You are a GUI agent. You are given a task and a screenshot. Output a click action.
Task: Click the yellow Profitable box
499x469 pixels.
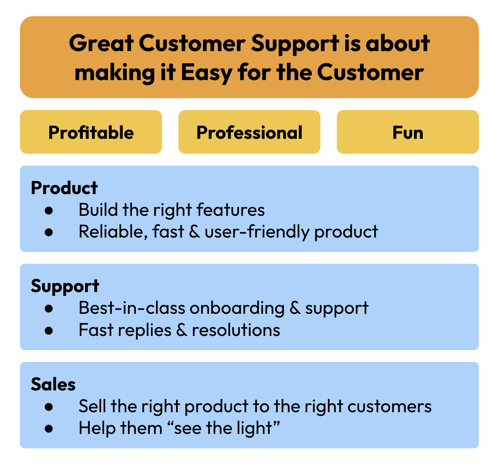[91, 132]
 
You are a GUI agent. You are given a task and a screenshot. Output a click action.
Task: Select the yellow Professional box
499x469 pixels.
[249, 132]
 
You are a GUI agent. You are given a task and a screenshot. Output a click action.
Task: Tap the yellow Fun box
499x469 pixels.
[407, 132]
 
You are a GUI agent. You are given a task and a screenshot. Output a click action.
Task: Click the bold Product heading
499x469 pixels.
[64, 188]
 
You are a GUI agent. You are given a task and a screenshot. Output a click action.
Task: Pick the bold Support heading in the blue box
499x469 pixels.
[65, 287]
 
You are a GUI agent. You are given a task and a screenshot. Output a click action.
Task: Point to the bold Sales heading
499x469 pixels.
[53, 384]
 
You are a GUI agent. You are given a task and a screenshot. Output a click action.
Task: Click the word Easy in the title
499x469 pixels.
[206, 73]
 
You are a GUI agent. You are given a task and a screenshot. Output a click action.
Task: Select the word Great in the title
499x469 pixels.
[101, 43]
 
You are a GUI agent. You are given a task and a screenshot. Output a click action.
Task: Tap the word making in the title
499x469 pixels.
[114, 73]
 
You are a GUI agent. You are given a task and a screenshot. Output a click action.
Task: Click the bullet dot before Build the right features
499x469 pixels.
[49, 210]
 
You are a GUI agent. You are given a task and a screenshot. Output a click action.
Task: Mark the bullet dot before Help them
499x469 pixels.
[49, 429]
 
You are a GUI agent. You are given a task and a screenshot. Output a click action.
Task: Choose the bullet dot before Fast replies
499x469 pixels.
[49, 330]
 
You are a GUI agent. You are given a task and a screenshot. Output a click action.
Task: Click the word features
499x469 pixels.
[231, 210]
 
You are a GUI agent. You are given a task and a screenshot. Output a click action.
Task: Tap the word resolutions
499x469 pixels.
[236, 330]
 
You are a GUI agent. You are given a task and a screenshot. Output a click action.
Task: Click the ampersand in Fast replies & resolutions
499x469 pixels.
[182, 330]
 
